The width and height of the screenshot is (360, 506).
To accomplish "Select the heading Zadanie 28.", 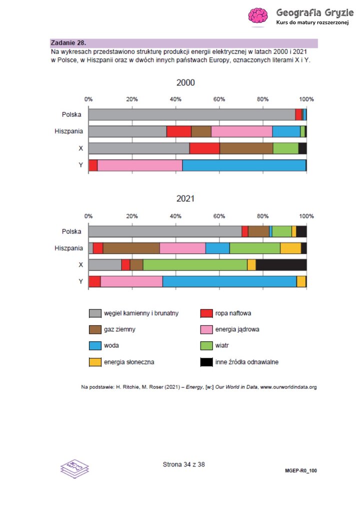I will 68,43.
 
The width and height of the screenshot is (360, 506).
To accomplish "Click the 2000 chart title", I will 185,82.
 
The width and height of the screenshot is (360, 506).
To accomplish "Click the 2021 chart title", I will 185,198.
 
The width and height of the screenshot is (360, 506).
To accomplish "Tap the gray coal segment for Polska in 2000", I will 191,115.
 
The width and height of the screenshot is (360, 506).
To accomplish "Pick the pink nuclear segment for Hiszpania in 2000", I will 241,131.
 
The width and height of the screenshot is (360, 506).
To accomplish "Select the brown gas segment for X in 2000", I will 246,148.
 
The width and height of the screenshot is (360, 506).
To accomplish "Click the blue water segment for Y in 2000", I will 243,165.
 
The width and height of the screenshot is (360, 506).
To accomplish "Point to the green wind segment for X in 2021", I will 195,265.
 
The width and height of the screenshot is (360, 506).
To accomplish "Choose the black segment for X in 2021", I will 281,265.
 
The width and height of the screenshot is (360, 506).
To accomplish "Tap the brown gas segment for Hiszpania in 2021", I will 131,248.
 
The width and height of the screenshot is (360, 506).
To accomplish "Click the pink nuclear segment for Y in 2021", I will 131,282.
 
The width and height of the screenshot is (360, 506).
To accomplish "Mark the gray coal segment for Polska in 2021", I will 165,231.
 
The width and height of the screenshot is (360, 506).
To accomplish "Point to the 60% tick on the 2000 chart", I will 219,99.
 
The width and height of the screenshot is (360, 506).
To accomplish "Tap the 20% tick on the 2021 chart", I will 132,216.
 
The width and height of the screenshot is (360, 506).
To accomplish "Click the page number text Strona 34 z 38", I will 183,464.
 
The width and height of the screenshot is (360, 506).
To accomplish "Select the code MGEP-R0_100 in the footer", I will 300,471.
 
